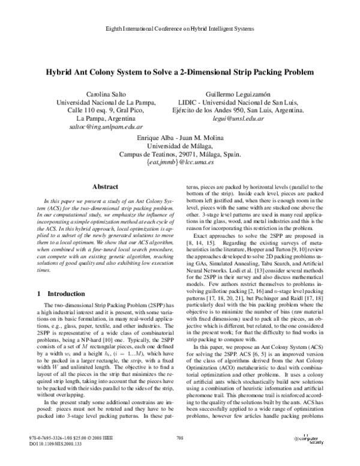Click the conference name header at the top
(x=179, y=29)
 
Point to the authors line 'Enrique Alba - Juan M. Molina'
(x=181, y=138)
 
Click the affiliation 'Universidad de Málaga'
(x=181, y=146)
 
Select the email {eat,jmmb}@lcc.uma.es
(x=181, y=163)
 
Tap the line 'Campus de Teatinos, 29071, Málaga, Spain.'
(x=181, y=154)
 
